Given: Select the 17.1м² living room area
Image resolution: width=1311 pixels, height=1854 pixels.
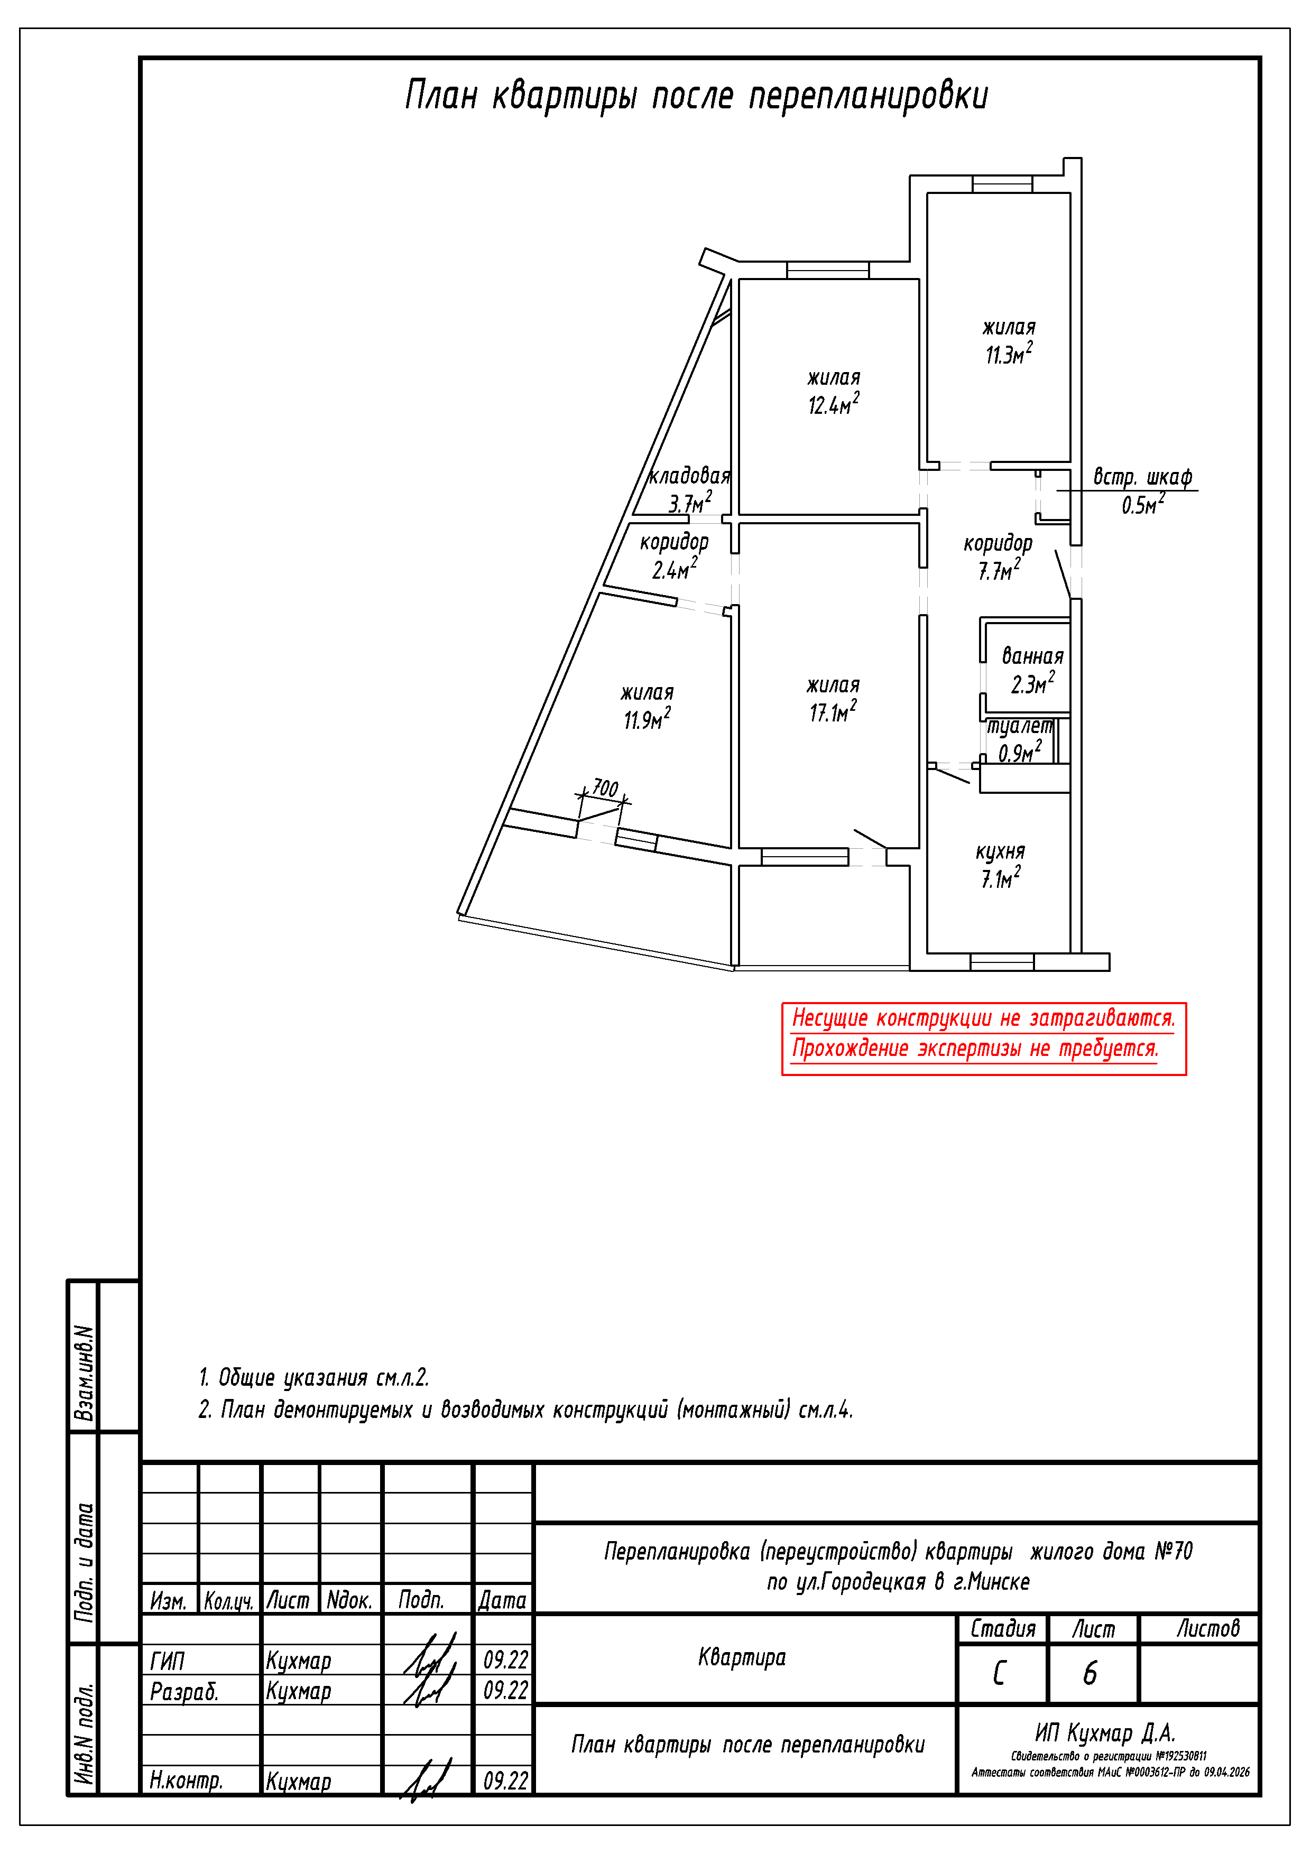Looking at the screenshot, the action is (x=833, y=711).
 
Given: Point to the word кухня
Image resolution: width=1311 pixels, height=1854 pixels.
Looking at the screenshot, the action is (x=1000, y=852).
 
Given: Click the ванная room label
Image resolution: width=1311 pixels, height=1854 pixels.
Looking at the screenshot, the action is (x=1032, y=656).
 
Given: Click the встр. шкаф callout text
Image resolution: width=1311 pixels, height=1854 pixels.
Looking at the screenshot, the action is (x=1142, y=476).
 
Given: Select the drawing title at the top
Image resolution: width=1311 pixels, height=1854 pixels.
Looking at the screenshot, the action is (x=696, y=95).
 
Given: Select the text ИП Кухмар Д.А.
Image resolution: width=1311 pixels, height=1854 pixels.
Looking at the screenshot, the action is (x=1105, y=1733).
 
